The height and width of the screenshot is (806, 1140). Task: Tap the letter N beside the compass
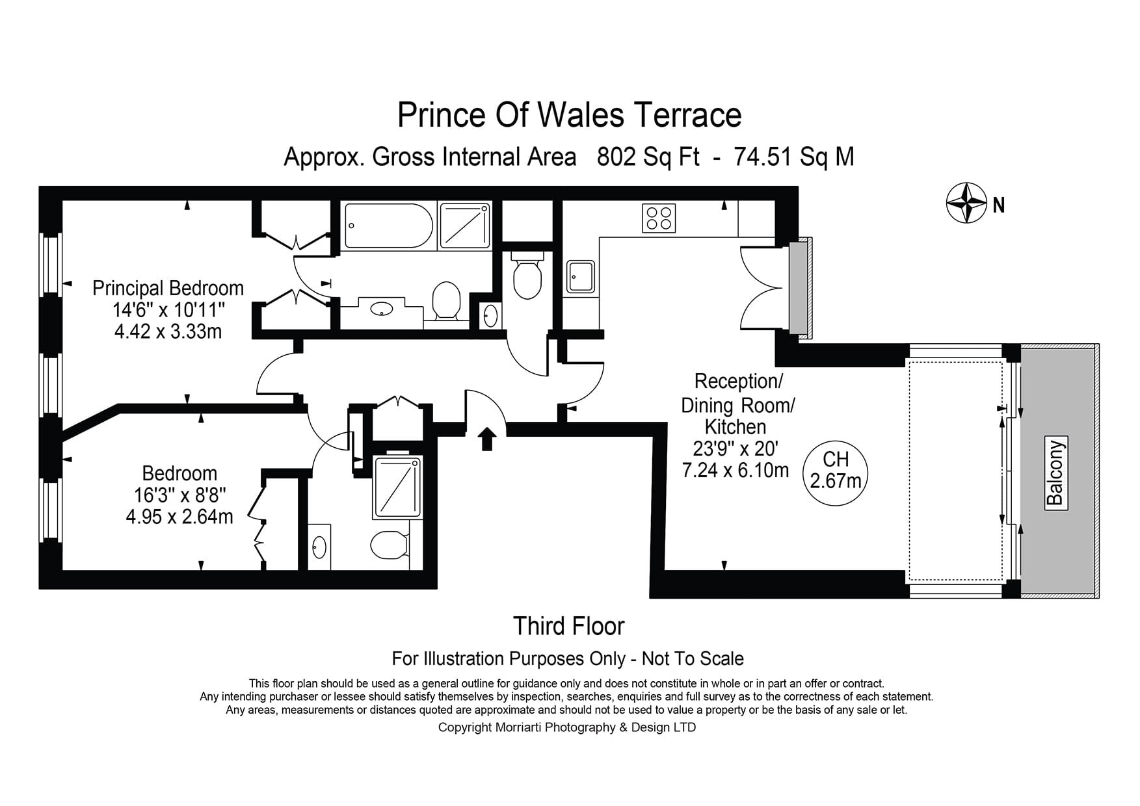click(x=999, y=205)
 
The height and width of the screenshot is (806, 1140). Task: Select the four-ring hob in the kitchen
click(x=659, y=218)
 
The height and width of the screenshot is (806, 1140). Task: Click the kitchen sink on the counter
click(x=580, y=277)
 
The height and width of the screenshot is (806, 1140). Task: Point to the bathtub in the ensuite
click(x=388, y=226)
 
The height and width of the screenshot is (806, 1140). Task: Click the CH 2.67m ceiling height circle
click(x=836, y=471)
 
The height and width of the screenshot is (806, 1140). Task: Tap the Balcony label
click(x=1055, y=473)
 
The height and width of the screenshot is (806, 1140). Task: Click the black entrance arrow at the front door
click(x=487, y=439)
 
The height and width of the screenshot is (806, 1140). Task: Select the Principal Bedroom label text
click(x=168, y=288)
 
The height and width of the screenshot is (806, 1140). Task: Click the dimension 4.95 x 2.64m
click(x=179, y=517)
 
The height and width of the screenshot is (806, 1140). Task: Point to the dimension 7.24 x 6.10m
click(x=736, y=470)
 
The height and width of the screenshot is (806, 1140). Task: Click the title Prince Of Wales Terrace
click(x=569, y=115)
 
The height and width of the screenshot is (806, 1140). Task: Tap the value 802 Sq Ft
click(x=648, y=157)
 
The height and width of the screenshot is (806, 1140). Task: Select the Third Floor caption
click(x=568, y=626)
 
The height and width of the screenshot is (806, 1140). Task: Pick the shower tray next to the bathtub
click(x=465, y=225)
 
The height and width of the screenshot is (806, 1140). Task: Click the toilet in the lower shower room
click(x=389, y=545)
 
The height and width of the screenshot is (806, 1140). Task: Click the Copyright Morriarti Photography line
click(x=566, y=727)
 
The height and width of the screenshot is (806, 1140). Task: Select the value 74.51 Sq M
click(x=794, y=157)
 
